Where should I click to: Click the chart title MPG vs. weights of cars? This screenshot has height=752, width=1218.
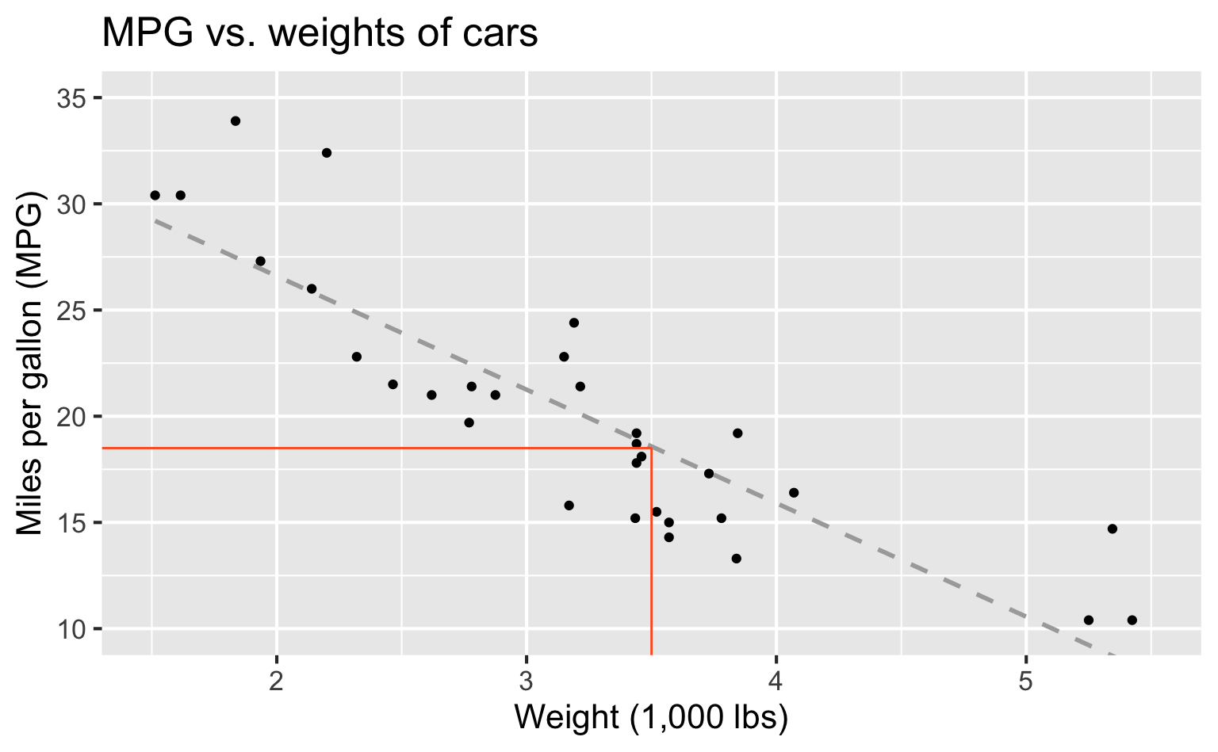320,33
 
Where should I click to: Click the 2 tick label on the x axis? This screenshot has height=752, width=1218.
276,680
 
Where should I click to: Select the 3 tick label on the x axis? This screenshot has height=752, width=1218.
526,680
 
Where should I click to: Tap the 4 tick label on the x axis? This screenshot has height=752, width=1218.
776,680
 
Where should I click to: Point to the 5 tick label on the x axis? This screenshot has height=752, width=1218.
1026,680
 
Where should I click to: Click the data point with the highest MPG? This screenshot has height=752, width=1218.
236,121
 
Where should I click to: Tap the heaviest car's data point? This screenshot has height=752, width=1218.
1132,620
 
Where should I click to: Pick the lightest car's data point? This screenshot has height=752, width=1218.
155,195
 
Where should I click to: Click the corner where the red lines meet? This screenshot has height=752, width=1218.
651,449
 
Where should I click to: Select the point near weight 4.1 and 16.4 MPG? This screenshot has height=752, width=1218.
794,493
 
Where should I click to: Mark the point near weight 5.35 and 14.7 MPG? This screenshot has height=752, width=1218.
1112,529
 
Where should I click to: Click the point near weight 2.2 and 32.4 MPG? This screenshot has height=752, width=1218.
327,153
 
